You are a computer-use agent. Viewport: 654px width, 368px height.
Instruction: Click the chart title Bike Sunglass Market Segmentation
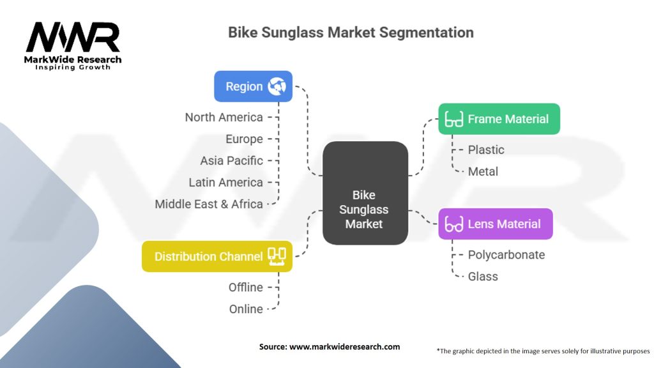[351, 33]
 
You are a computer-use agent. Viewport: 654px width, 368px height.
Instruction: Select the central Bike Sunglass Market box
[365, 193]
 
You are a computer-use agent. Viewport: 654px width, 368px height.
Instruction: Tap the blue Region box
[253, 86]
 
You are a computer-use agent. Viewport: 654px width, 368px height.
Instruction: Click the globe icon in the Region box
[277, 86]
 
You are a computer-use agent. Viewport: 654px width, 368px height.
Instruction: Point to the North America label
[224, 117]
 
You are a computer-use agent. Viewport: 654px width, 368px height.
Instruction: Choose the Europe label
[244, 139]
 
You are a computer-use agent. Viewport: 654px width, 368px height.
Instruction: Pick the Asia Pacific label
[231, 160]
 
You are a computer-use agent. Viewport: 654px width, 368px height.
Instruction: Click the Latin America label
[225, 182]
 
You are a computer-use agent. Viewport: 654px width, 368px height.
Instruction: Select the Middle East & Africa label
[209, 204]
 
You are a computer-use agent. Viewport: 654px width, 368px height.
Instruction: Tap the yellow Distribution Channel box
[217, 256]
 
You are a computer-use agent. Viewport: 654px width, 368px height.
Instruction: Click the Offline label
[246, 287]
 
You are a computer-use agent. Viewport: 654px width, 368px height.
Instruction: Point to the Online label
[246, 309]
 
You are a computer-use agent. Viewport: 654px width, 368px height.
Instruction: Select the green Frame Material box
[499, 119]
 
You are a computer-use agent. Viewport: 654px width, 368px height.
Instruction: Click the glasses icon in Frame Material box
[454, 119]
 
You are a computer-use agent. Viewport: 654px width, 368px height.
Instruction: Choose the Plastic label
[486, 149]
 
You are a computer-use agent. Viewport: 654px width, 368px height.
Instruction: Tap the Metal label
[483, 171]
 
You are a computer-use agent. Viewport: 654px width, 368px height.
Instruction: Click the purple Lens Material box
[495, 224]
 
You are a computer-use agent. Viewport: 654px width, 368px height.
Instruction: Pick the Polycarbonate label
[506, 254]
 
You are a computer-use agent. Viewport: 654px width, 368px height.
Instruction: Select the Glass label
[483, 276]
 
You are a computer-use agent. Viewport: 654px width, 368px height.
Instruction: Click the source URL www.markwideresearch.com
[344, 347]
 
